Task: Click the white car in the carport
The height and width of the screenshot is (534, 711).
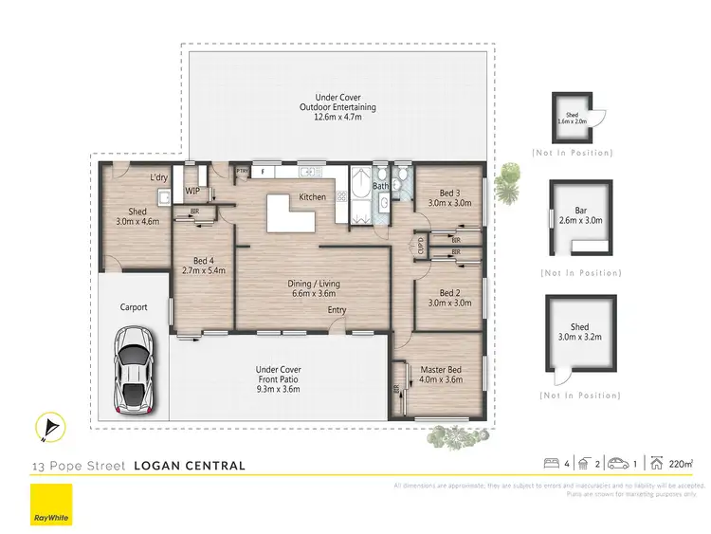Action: click(x=135, y=372)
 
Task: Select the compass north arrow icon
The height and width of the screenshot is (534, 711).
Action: click(x=46, y=429)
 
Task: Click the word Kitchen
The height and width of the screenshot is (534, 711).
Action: click(x=313, y=197)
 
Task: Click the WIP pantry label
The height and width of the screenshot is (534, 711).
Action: click(x=192, y=191)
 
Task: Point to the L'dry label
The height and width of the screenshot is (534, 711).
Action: click(x=159, y=177)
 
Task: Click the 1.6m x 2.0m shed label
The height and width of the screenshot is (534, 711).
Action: click(x=572, y=119)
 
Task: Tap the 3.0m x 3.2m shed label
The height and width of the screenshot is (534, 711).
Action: click(x=579, y=332)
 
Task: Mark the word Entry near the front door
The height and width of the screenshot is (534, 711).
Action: click(x=337, y=310)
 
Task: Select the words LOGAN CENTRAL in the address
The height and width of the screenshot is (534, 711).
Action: click(x=190, y=466)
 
